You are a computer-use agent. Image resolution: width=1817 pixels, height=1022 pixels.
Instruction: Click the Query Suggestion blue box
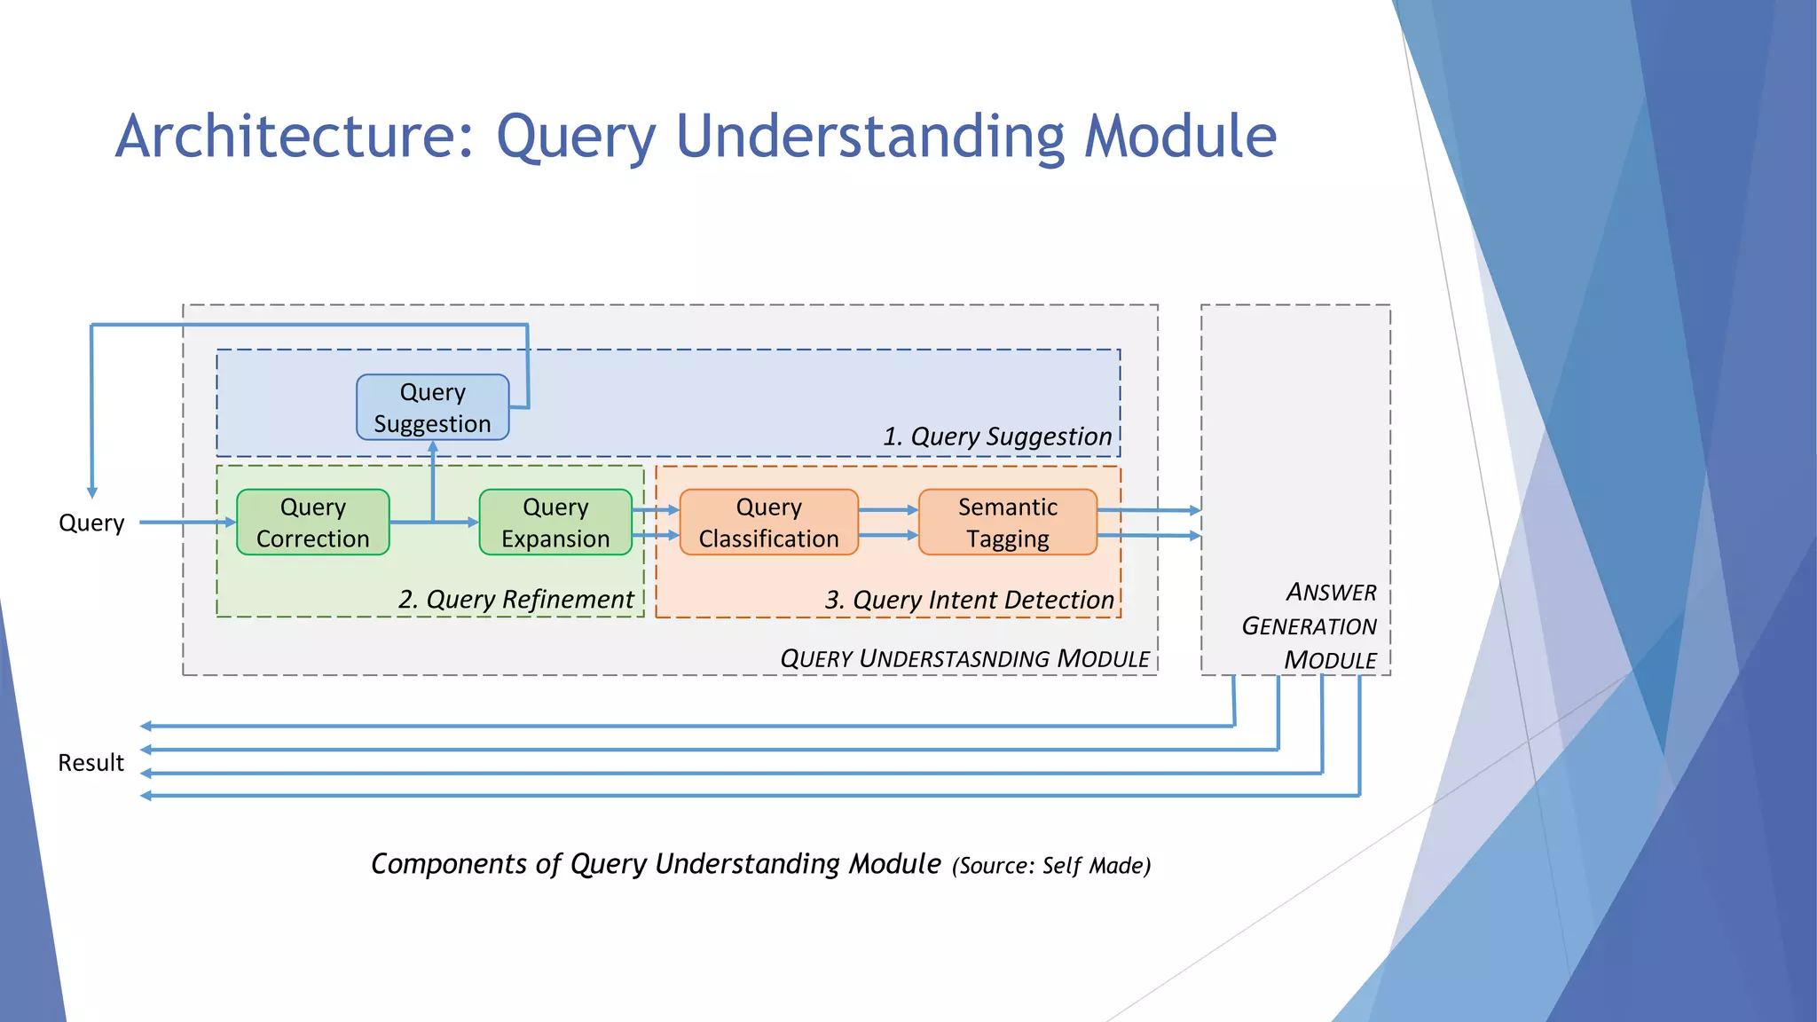432,407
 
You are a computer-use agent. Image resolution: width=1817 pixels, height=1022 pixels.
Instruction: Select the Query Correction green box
312,523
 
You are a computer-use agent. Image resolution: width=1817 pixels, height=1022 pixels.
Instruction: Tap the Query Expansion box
555,523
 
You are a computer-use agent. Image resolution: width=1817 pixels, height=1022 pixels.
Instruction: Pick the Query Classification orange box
768,523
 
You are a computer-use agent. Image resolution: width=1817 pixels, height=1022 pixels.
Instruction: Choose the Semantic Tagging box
1007,523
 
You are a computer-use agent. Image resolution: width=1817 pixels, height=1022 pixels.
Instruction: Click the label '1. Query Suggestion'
997,436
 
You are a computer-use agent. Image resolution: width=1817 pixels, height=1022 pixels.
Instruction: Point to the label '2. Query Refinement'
515,600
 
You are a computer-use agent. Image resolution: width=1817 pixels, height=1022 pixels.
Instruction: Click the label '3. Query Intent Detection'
969,601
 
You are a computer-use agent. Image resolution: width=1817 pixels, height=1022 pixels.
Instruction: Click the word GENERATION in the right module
1309,626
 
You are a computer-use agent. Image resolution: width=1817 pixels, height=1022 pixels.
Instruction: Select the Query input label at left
91,523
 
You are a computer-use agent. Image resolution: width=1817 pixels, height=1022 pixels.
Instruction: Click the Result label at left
90,763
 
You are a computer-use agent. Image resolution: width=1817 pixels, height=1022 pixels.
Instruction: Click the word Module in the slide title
1180,137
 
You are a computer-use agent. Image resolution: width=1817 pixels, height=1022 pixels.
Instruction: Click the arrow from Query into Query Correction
186,523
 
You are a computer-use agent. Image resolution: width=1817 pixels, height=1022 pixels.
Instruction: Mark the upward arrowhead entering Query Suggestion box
433,447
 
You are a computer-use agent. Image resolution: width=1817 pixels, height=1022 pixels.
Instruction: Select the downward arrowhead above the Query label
92,491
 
